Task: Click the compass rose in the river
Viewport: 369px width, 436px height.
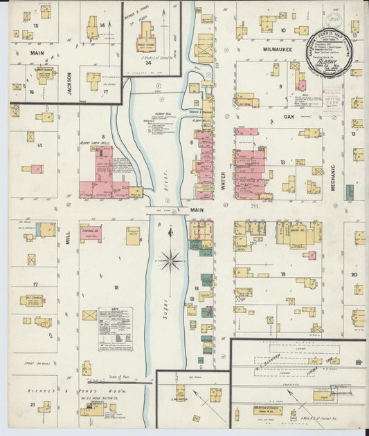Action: (170, 260)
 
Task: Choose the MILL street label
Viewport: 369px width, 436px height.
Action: (68, 238)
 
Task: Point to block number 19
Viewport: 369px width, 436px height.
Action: (282, 275)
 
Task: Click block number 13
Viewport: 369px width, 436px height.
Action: (282, 162)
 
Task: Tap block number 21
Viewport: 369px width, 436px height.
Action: (32, 404)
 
